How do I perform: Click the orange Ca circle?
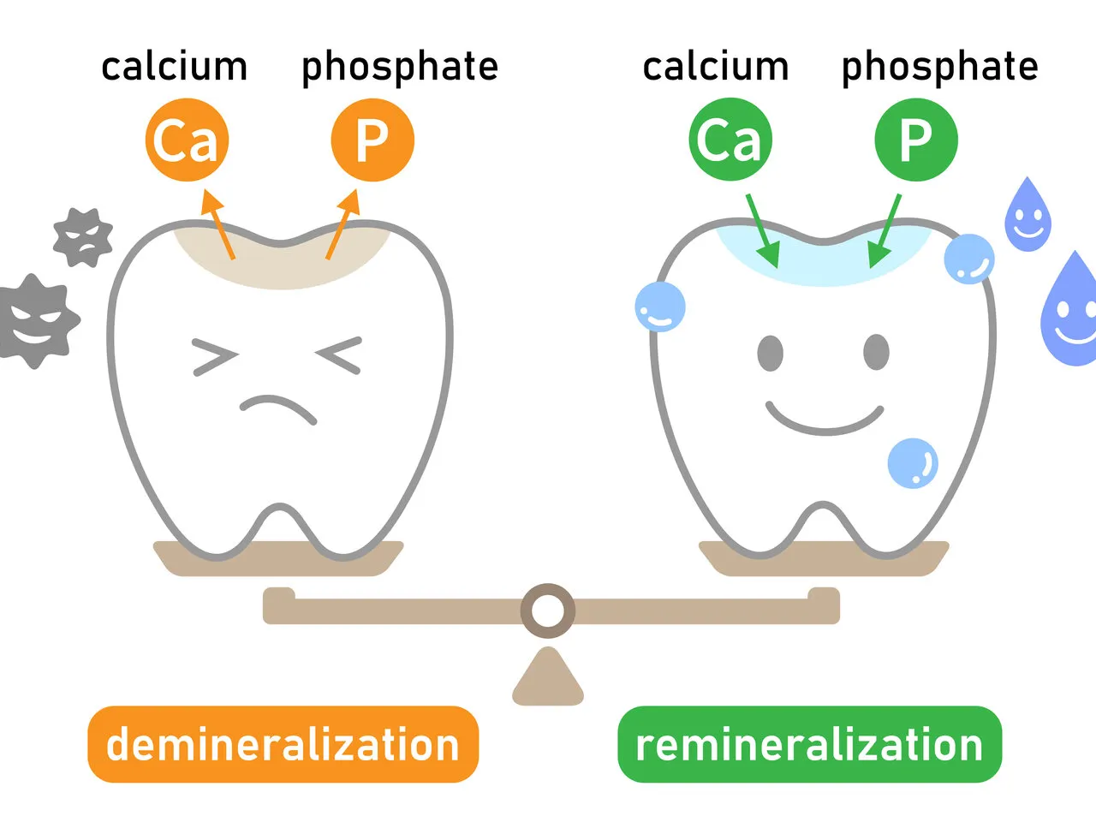coord(187,140)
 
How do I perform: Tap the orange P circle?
coord(372,140)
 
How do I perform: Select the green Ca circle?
coord(730,140)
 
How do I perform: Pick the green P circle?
coord(915,140)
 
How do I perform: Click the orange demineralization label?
coord(283,744)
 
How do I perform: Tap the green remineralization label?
coord(809,744)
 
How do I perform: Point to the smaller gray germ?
coord(82,237)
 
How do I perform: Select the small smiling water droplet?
coord(1027,216)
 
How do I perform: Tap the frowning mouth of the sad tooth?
coord(278,408)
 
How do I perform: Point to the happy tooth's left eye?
coord(771,353)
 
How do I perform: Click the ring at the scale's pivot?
coord(548,611)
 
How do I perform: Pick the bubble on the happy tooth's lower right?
coord(913,463)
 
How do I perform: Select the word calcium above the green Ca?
coord(715,67)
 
